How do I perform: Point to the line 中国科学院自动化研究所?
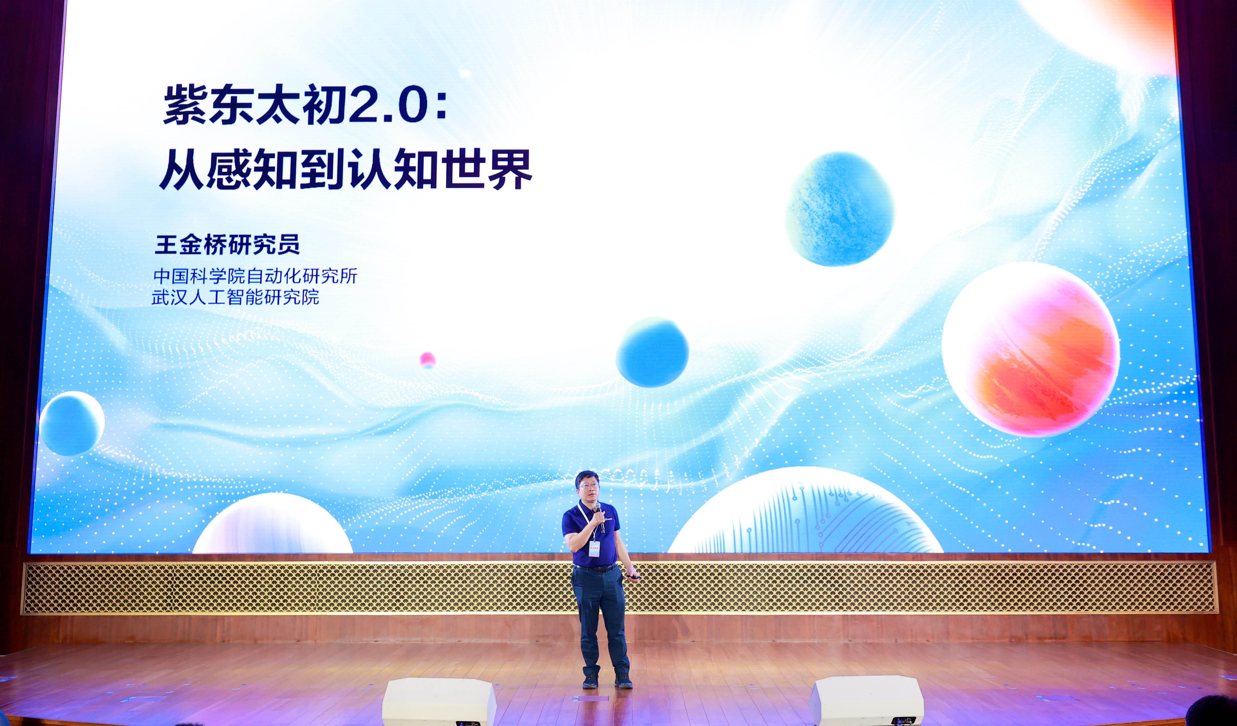[x=255, y=276]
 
